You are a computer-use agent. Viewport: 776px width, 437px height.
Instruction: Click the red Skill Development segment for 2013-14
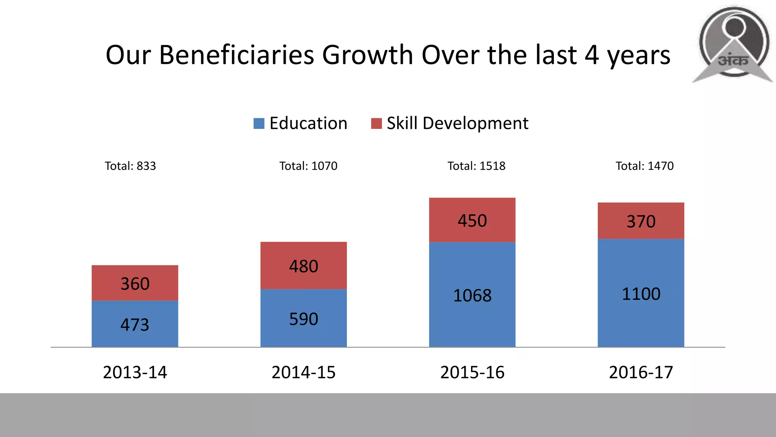[135, 283]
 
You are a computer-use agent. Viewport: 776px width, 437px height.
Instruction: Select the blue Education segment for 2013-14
[135, 324]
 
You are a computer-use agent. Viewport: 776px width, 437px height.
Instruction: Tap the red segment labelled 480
[304, 266]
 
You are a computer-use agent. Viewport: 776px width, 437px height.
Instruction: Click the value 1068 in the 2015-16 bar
[472, 295]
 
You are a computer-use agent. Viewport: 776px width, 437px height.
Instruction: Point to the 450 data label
[472, 220]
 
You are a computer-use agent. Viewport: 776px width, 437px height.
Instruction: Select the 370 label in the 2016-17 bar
[641, 221]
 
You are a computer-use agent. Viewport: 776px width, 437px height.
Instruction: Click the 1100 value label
[641, 294]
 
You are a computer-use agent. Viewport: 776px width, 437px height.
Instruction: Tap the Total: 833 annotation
[130, 166]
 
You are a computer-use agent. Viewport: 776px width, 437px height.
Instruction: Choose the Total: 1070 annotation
[308, 166]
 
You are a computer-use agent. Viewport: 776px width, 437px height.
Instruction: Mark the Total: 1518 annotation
[476, 166]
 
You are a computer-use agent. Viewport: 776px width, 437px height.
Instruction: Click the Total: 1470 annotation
[645, 166]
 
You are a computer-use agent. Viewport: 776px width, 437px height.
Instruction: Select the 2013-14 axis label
[135, 372]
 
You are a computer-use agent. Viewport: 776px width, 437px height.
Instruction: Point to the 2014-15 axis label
[304, 372]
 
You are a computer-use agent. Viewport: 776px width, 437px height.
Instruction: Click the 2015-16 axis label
[472, 372]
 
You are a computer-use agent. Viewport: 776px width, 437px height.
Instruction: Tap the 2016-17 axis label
[641, 372]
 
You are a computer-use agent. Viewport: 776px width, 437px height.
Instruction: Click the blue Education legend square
[259, 124]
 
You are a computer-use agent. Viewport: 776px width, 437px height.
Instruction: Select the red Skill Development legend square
[376, 124]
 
